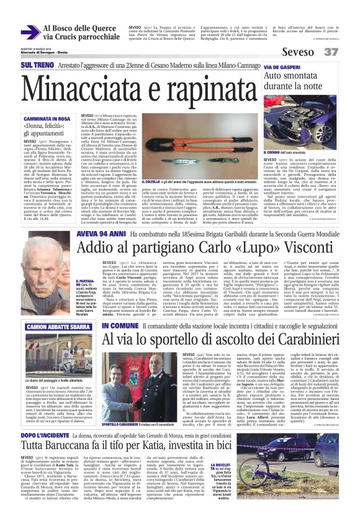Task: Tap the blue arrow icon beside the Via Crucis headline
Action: coord(30,32)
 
